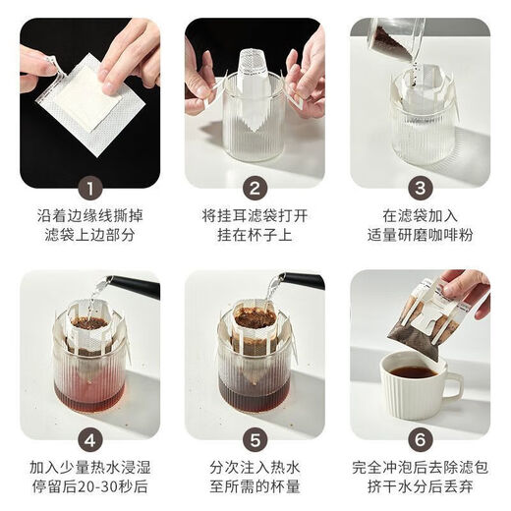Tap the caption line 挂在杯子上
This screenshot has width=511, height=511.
tap(255, 237)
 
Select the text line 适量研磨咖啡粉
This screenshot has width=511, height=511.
tap(420, 237)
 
